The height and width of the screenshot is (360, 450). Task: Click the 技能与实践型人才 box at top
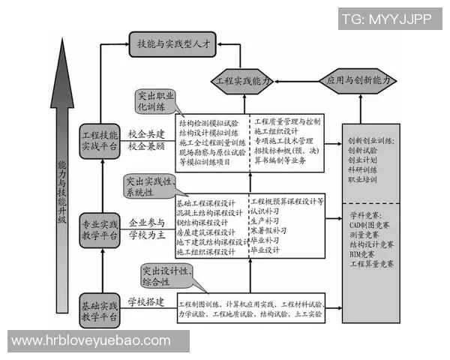tap(173, 44)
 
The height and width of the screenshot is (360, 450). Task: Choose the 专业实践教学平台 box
tap(100, 228)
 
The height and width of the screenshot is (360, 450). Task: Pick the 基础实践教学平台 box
tap(100, 308)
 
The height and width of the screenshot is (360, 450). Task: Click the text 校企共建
tap(145, 133)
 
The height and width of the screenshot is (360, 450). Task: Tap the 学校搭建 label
tap(145, 302)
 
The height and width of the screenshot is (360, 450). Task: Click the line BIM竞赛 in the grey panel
tap(363, 254)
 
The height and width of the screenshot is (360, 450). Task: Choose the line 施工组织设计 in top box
tap(277, 131)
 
